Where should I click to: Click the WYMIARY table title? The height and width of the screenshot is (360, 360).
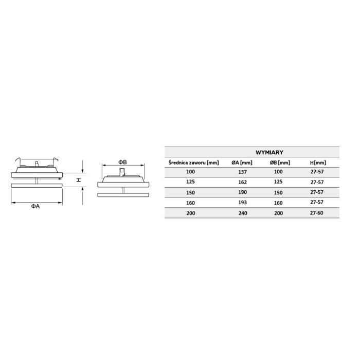pyautogui.click(x=269, y=152)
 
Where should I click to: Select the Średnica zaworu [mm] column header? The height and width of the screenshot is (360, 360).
pyautogui.click(x=193, y=163)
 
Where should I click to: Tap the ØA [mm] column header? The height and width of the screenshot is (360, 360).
pyautogui.click(x=242, y=163)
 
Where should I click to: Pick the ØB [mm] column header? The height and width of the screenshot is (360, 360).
pyautogui.click(x=280, y=163)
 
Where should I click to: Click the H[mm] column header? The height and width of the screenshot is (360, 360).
pyautogui.click(x=318, y=163)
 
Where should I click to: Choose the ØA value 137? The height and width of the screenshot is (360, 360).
pyautogui.click(x=242, y=172)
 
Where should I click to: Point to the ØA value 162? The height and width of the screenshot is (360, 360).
pyautogui.click(x=242, y=182)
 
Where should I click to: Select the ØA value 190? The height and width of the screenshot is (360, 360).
pyautogui.click(x=242, y=192)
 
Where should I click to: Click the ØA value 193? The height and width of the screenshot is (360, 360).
pyautogui.click(x=242, y=203)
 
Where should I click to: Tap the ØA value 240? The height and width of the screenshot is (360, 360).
pyautogui.click(x=243, y=213)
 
